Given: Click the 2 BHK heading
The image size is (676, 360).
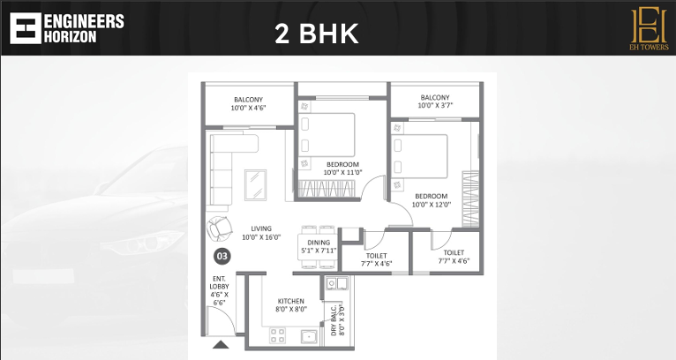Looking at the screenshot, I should coord(317,34).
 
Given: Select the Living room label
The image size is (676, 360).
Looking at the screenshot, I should coord(261,233).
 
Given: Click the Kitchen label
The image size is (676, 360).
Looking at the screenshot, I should coord(290,304).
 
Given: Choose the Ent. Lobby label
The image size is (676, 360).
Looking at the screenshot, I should coord(220,291).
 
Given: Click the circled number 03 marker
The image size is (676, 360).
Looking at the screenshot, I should coord(222,257).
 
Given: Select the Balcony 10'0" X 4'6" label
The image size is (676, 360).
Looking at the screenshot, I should coord(249,103).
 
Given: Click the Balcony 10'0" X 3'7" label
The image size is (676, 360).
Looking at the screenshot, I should coord(435,101).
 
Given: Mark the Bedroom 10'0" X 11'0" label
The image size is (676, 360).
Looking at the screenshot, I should coord(342,169).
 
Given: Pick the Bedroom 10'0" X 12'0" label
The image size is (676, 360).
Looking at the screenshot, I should coord(431,200).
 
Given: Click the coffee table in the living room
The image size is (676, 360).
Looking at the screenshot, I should coord(254,184).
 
